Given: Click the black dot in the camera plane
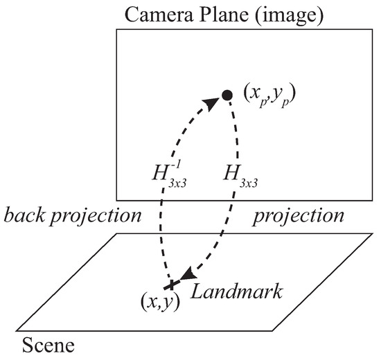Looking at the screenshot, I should (x=226, y=95).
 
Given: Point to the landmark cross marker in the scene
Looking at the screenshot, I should (x=169, y=285).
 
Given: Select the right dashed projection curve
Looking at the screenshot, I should (x=229, y=208).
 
